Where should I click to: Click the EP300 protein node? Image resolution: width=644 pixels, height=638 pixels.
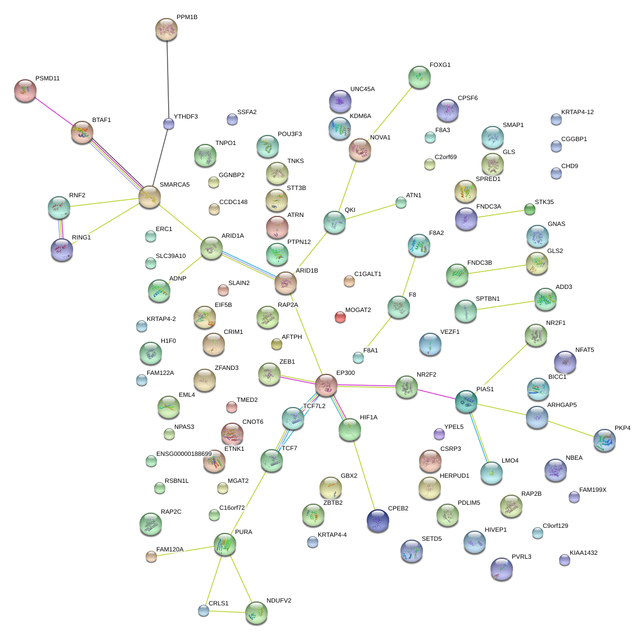click(x=326, y=385)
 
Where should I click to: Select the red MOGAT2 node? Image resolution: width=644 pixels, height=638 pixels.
click(x=340, y=317)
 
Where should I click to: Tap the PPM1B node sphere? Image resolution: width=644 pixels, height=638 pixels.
click(x=166, y=29)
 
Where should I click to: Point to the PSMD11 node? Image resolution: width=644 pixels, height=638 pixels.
click(x=25, y=91)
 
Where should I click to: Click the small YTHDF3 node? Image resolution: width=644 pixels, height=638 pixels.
click(x=168, y=124)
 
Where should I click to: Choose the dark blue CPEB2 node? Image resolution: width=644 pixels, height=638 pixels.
click(x=378, y=521)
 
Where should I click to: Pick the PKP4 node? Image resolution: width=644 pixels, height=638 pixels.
click(x=604, y=440)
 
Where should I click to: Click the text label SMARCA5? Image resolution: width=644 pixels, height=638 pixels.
click(x=174, y=185)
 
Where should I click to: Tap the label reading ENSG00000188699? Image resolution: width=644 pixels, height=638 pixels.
click(x=184, y=454)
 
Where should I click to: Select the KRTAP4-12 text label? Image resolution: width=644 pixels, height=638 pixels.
click(x=577, y=112)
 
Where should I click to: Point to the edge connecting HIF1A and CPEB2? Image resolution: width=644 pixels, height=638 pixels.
click(x=364, y=475)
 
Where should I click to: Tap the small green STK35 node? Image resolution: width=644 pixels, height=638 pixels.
click(x=530, y=209)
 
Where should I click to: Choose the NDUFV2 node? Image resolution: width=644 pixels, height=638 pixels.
click(x=256, y=613)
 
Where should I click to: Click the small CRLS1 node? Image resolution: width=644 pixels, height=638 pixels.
click(x=203, y=610)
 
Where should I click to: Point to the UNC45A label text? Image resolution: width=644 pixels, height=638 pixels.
click(x=362, y=89)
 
